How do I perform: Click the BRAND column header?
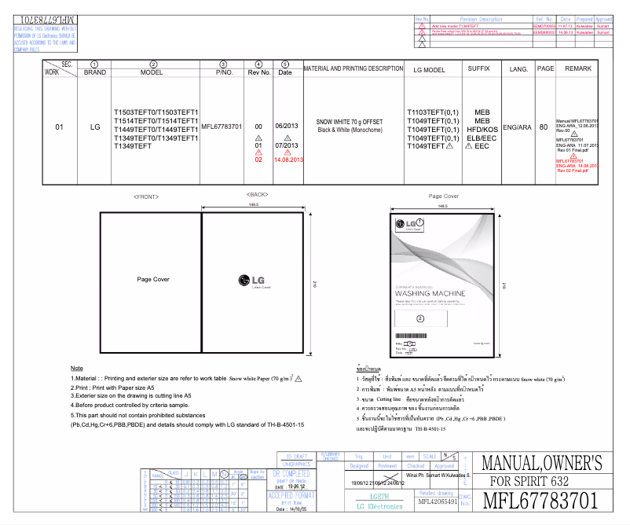(95, 72)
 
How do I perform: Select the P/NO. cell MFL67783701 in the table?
(222, 127)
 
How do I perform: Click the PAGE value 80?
(544, 127)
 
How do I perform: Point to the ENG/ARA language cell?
(518, 127)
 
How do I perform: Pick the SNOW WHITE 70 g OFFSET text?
(350, 122)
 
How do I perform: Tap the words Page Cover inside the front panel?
(153, 279)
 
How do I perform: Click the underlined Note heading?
(76, 368)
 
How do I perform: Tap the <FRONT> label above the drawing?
(146, 195)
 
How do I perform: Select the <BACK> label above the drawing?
(257, 194)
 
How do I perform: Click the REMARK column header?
(578, 69)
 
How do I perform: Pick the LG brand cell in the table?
(95, 127)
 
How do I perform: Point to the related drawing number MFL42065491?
(438, 501)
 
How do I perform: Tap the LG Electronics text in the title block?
(379, 506)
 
